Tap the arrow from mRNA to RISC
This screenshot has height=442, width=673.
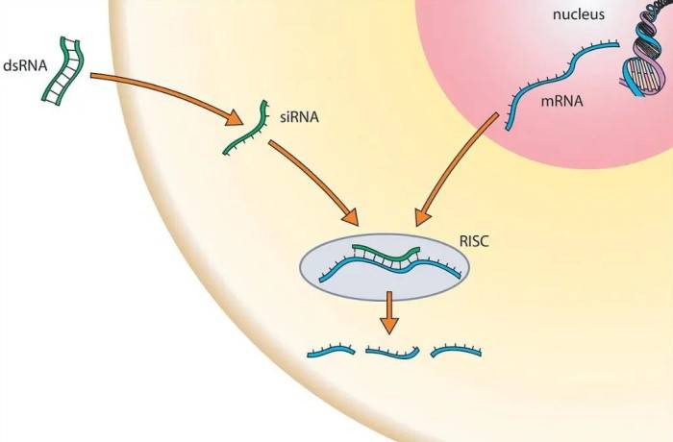coord(457,168)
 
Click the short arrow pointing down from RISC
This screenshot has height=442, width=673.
coord(388,311)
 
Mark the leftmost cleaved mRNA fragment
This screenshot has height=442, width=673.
coord(332,353)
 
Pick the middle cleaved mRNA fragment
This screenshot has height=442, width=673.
coord(393,353)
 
